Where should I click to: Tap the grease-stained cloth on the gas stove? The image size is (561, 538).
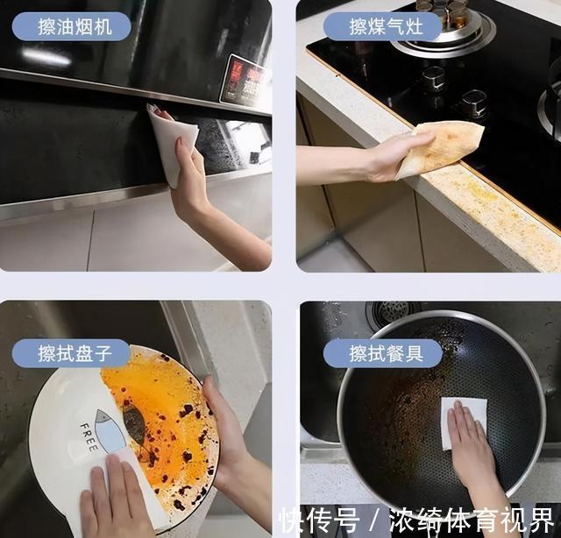tap(442, 146)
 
